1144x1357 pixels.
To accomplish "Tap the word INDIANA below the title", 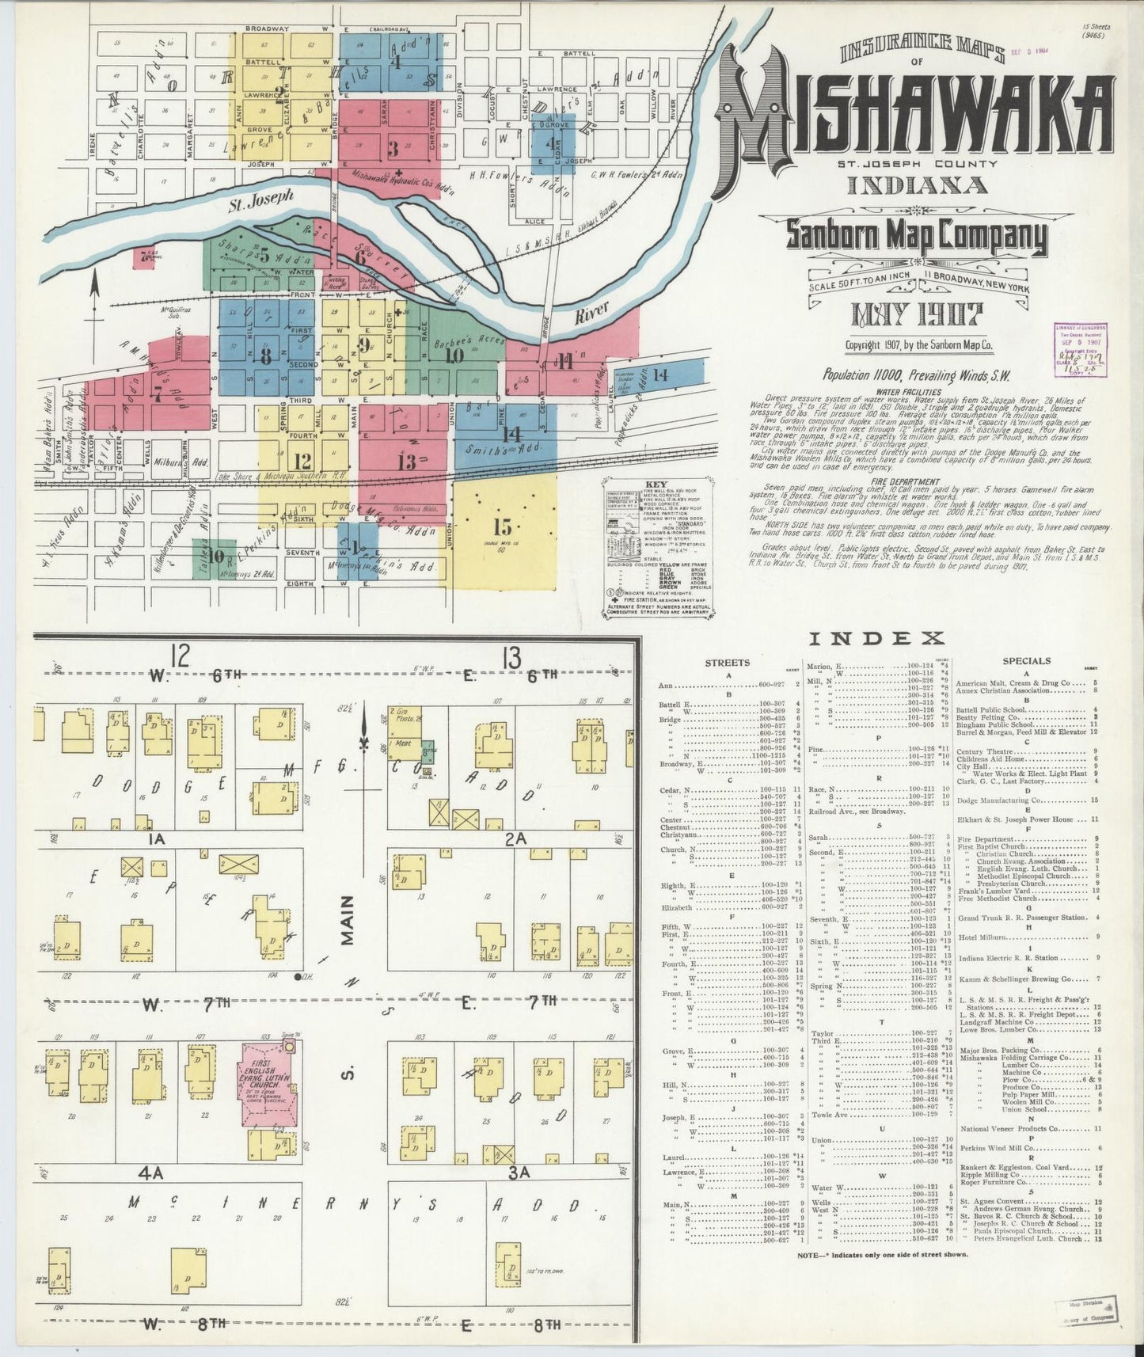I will (918, 185).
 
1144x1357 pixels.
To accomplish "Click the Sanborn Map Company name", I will (916, 235).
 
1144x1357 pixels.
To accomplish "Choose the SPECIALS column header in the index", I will (1026, 661).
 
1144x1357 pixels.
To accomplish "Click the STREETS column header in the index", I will (727, 662).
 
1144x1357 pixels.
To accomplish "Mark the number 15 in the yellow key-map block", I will (503, 527).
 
